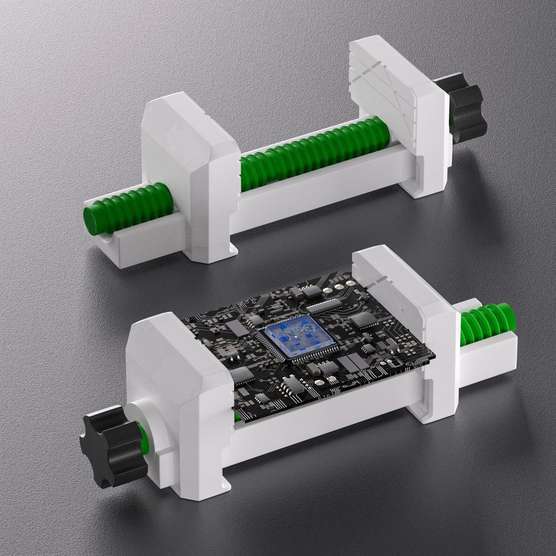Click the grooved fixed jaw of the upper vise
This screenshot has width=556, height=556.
click(x=393, y=104)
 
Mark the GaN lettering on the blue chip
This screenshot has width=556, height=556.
click(x=297, y=332)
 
